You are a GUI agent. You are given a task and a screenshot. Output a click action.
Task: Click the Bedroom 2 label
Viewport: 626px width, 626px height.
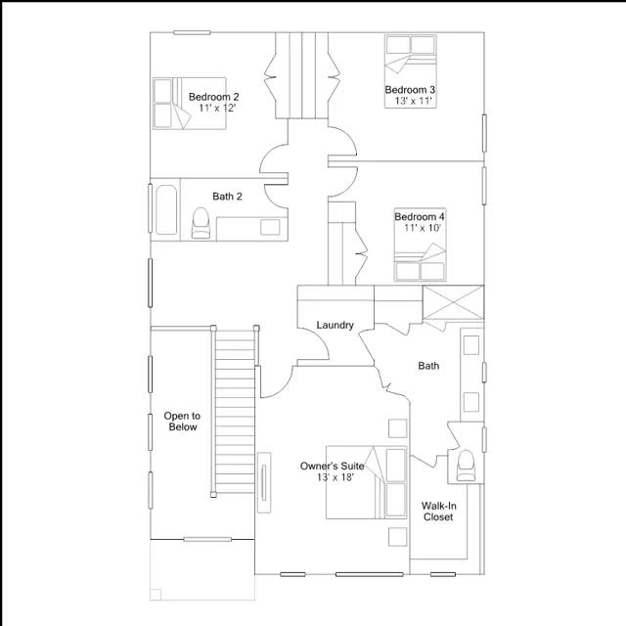point(213,97)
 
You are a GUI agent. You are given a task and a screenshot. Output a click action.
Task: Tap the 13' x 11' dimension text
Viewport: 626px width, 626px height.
point(414,101)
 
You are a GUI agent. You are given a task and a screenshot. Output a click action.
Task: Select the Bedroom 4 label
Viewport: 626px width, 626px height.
point(420,217)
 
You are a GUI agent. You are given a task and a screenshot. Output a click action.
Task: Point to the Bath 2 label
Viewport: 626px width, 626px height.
point(227,197)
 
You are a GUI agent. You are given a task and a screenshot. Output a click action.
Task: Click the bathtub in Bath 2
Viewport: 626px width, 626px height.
point(166,209)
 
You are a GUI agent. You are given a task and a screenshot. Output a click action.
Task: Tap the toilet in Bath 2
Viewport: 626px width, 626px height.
point(201,223)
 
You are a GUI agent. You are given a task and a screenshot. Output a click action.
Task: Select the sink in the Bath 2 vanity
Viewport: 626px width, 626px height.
point(270,227)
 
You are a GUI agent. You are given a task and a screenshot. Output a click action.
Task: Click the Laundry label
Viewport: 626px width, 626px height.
point(335,325)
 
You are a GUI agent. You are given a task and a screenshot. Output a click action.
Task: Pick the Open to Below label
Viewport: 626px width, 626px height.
point(182,422)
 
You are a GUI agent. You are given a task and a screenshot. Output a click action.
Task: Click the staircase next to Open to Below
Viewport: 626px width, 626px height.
point(235,411)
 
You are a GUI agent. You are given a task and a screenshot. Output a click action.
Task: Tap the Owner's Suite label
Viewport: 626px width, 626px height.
point(333,466)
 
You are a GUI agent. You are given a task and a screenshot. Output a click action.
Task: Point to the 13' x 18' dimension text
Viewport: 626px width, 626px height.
point(335,477)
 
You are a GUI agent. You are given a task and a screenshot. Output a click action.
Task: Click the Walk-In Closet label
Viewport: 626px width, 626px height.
point(438,512)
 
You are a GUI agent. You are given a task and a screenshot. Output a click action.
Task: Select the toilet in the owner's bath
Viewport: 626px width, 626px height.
point(466,466)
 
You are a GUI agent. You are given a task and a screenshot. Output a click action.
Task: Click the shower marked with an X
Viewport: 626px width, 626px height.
point(453,302)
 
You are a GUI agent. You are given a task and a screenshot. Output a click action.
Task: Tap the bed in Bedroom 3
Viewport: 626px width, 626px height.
point(411,71)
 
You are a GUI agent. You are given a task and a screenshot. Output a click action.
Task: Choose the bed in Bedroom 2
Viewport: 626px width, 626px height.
point(189,104)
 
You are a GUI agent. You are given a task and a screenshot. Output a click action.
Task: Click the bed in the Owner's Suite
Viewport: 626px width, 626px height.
point(367,482)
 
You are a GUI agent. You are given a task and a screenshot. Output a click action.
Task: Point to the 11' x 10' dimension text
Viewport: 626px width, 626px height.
point(423,228)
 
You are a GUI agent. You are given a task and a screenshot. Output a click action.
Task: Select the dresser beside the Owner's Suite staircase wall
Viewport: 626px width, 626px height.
point(264,482)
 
